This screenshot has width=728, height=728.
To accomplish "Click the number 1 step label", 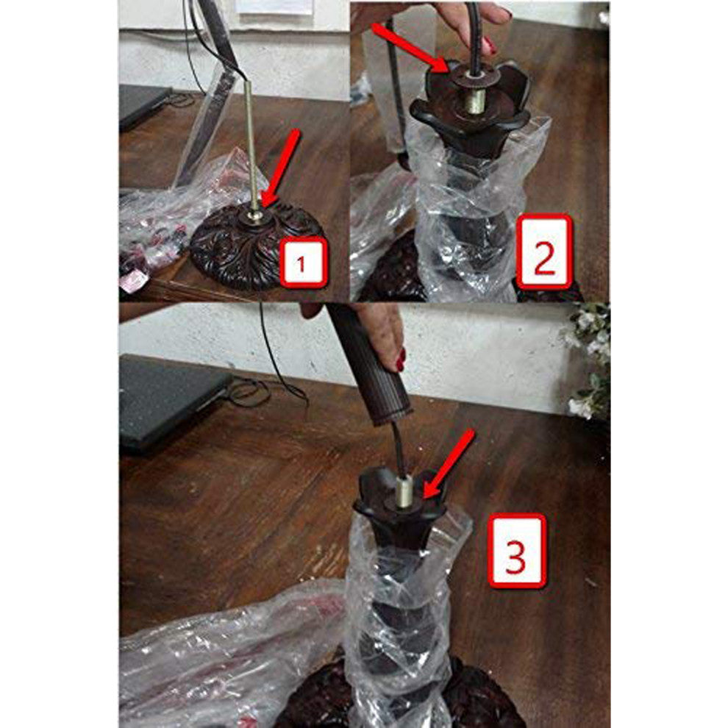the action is pyautogui.click(x=303, y=263).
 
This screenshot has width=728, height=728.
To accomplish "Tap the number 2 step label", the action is pyautogui.click(x=544, y=251).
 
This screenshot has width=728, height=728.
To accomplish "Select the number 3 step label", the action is pyautogui.click(x=515, y=551).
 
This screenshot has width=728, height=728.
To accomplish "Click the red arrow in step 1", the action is pyautogui.click(x=280, y=168).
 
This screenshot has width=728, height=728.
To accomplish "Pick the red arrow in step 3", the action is pyautogui.click(x=449, y=463).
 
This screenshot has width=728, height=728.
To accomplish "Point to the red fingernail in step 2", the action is pyautogui.click(x=489, y=46).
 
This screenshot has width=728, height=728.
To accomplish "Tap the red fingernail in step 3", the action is pyautogui.click(x=401, y=360).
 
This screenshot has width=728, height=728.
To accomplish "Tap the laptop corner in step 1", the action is pyautogui.click(x=169, y=90).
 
